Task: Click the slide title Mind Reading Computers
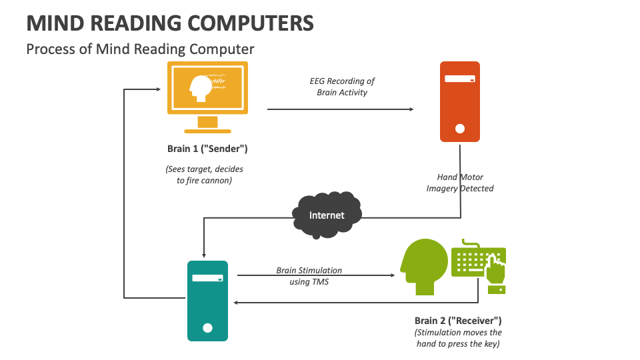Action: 170,23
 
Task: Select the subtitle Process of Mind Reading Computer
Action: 140,49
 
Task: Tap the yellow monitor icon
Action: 207,90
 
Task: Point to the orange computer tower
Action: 459,101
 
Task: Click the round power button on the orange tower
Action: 459,129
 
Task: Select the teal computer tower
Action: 207,301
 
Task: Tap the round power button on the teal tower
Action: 207,327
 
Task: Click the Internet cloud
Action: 327,215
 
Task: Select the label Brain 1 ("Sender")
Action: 208,149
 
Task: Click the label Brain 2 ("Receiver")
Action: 458,320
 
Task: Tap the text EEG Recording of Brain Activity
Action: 342,87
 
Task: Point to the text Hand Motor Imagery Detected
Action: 460,183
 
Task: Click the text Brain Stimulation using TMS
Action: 309,276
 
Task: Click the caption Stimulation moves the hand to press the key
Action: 458,338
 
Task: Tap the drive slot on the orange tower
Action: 459,79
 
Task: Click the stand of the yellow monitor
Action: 207,125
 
